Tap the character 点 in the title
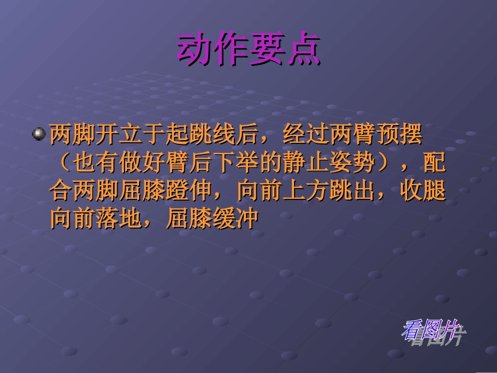coord(303,50)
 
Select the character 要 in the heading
coord(267,50)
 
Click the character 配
coord(435,163)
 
